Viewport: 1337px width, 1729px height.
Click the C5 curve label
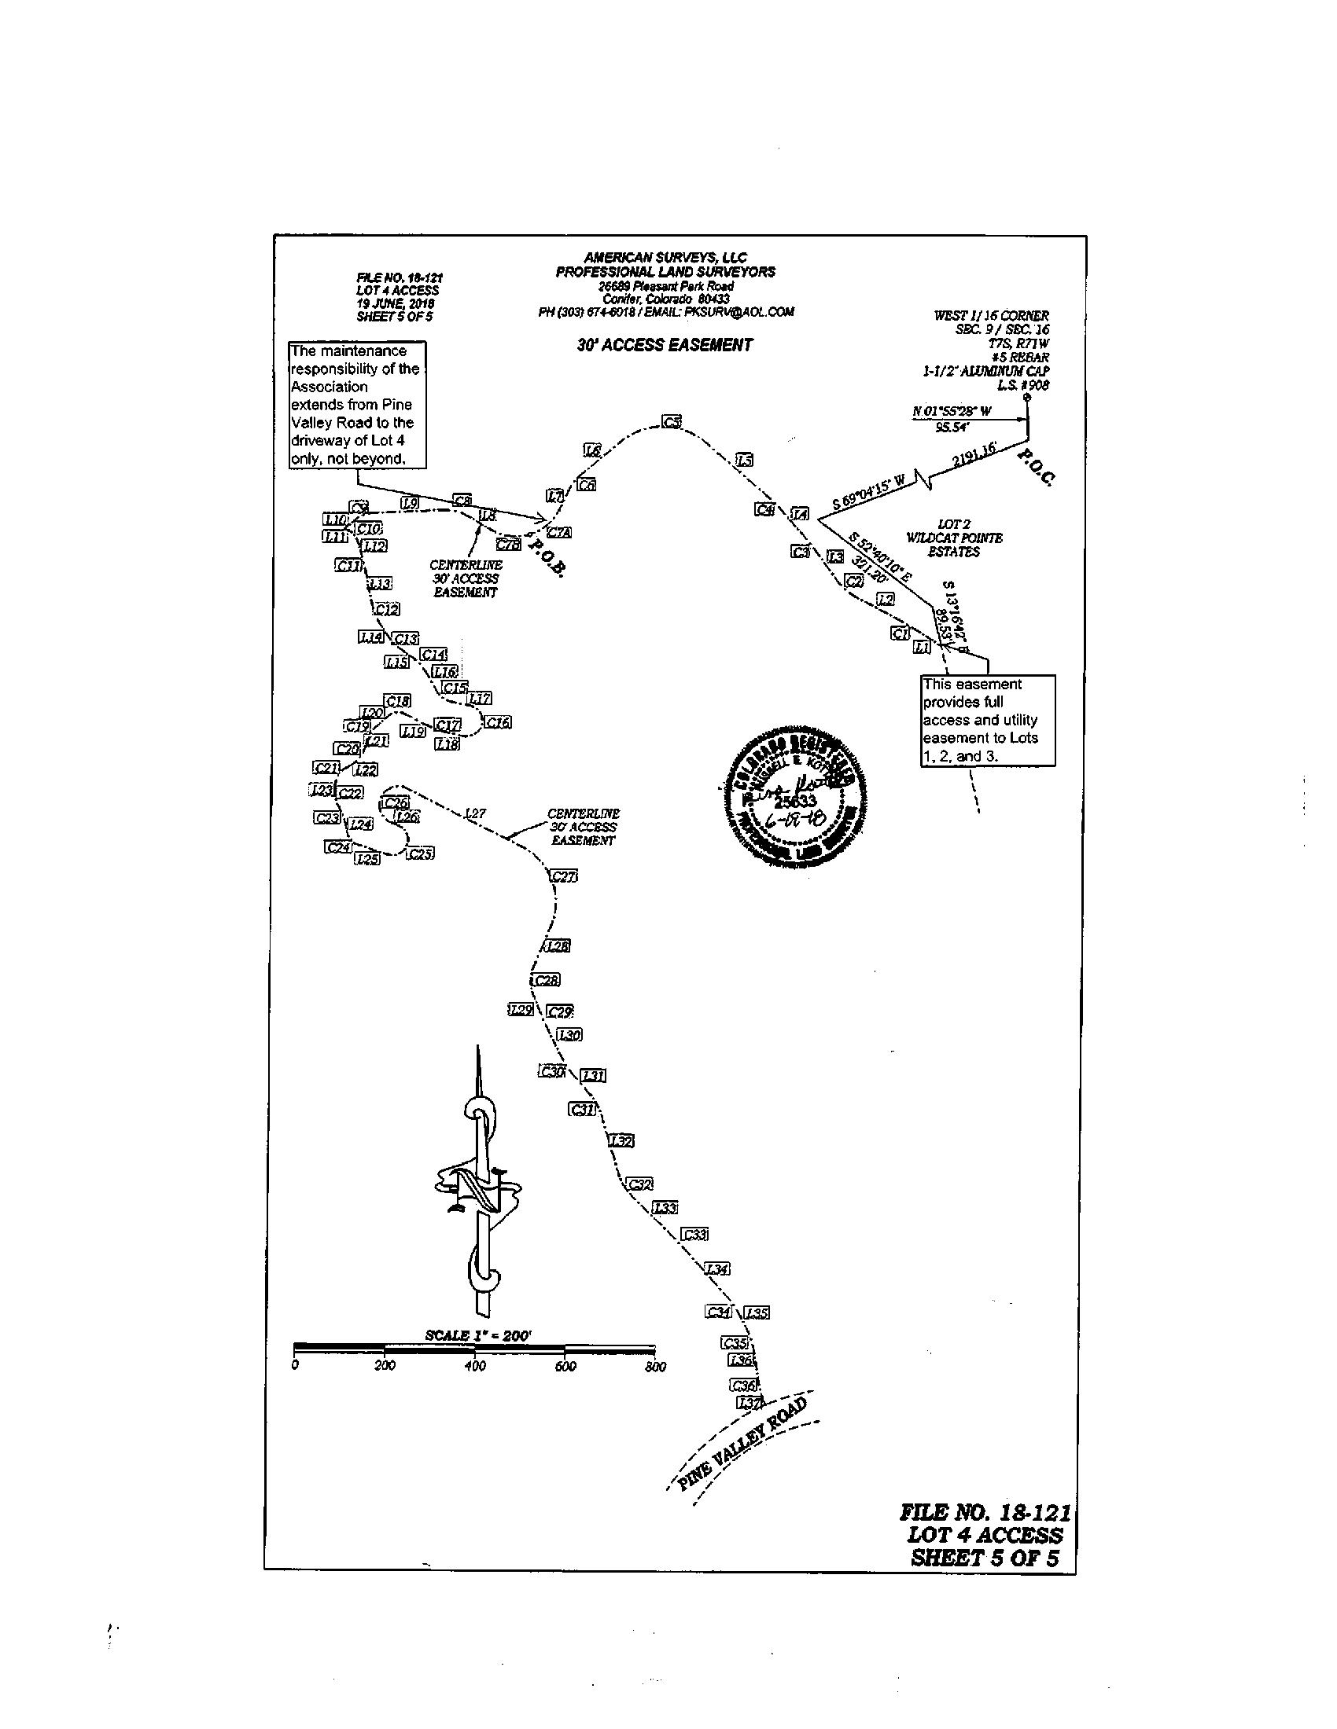pos(672,422)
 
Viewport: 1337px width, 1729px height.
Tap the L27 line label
pos(475,813)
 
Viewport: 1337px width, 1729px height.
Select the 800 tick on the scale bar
pos(655,1367)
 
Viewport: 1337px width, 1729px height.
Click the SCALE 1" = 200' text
pos(477,1334)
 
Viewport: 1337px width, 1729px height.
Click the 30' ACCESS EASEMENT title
pos(665,345)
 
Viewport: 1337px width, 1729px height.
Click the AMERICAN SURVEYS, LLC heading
pos(665,257)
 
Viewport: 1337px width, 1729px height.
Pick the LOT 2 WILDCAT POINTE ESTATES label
pos(954,538)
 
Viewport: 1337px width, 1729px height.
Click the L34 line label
pos(717,1269)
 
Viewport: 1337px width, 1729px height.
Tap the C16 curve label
pos(497,722)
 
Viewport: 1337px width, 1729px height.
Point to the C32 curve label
pos(640,1184)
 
